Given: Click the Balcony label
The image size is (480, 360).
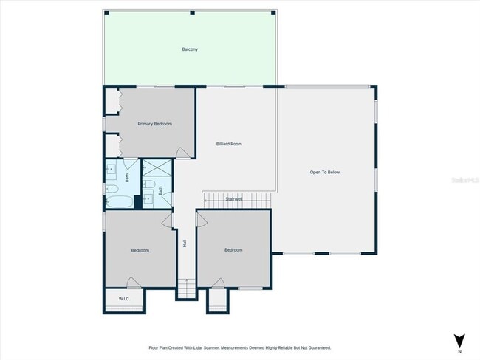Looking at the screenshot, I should [x=190, y=49].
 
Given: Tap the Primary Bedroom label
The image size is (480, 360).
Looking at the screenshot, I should [x=155, y=124].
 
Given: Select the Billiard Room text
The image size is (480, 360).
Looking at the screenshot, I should [x=229, y=144].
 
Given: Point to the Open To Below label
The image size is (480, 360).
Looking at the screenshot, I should [x=324, y=172].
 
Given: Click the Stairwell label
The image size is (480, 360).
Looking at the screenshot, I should [x=234, y=198].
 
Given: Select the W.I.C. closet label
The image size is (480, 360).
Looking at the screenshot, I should [x=124, y=299].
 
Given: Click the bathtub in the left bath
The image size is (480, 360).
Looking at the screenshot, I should [x=119, y=201].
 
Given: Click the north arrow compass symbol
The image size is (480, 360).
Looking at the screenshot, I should [x=459, y=340].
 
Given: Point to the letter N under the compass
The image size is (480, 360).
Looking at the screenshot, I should [x=459, y=352].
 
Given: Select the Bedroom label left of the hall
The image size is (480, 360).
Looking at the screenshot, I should [x=140, y=250].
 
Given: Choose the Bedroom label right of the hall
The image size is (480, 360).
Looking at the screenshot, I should [x=233, y=249].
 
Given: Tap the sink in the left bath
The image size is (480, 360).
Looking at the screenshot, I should [x=112, y=170].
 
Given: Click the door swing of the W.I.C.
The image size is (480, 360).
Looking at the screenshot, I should [x=132, y=283].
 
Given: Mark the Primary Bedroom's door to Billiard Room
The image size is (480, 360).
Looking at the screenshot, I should [x=182, y=153].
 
